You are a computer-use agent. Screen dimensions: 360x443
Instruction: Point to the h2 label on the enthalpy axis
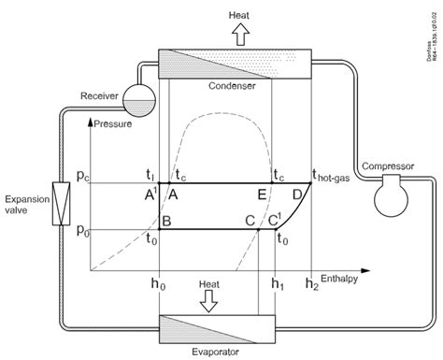[312, 285]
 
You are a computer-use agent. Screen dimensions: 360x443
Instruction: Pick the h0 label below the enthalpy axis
[160, 285]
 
